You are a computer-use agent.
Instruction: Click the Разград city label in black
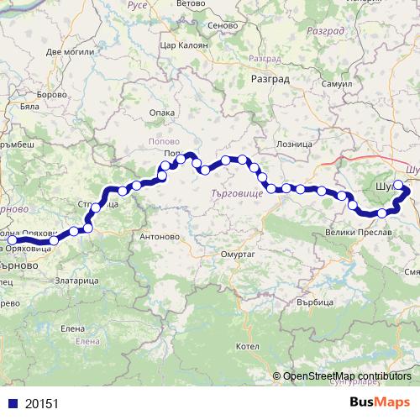(x=270, y=80)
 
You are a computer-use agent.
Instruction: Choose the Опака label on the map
(x=161, y=112)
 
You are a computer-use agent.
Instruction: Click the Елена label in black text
(x=73, y=328)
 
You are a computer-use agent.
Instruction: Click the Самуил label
(x=336, y=87)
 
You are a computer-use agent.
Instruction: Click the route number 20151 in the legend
(x=39, y=402)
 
